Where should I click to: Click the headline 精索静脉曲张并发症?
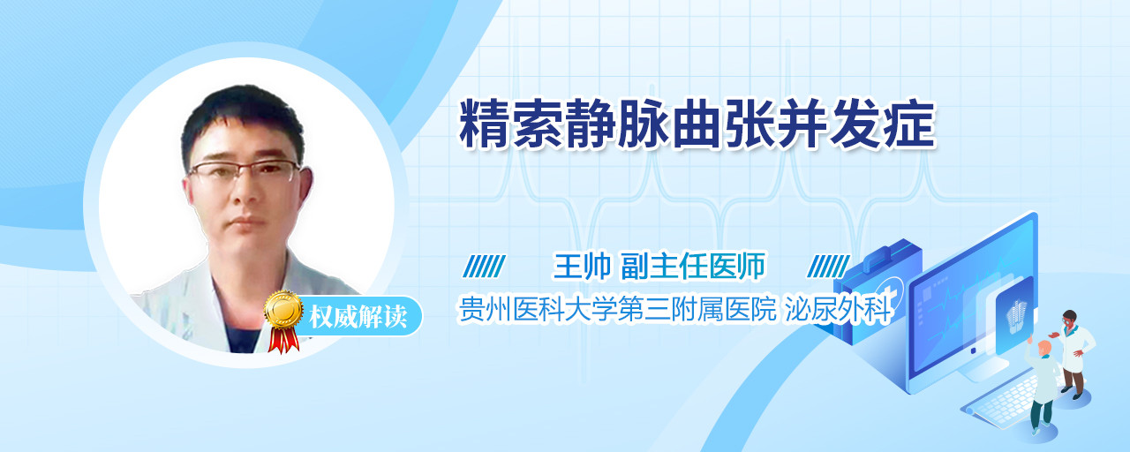697,124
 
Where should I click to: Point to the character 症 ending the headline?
909,124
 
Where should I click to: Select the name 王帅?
582,266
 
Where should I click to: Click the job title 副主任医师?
693,266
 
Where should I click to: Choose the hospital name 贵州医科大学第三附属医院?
617,309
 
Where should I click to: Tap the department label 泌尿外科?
838,309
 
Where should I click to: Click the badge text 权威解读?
358,317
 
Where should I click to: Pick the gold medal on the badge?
284,309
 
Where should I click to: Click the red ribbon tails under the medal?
283,340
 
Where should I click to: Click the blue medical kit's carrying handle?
888,252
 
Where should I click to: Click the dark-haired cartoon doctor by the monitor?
1075,353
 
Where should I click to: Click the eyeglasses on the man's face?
245,170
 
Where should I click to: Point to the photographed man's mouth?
247,221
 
